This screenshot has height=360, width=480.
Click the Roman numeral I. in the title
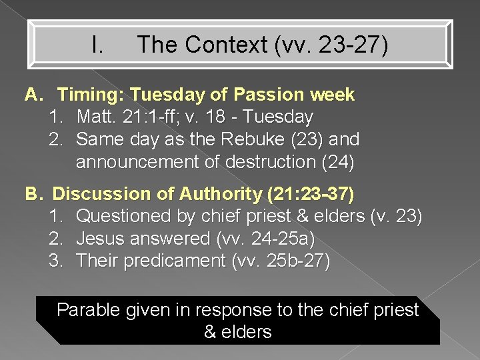point(97,45)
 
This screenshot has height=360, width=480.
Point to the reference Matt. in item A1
point(94,117)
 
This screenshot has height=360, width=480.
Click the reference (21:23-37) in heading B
point(310,194)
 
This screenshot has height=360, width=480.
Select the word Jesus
point(99,239)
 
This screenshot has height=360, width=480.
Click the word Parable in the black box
point(85,310)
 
